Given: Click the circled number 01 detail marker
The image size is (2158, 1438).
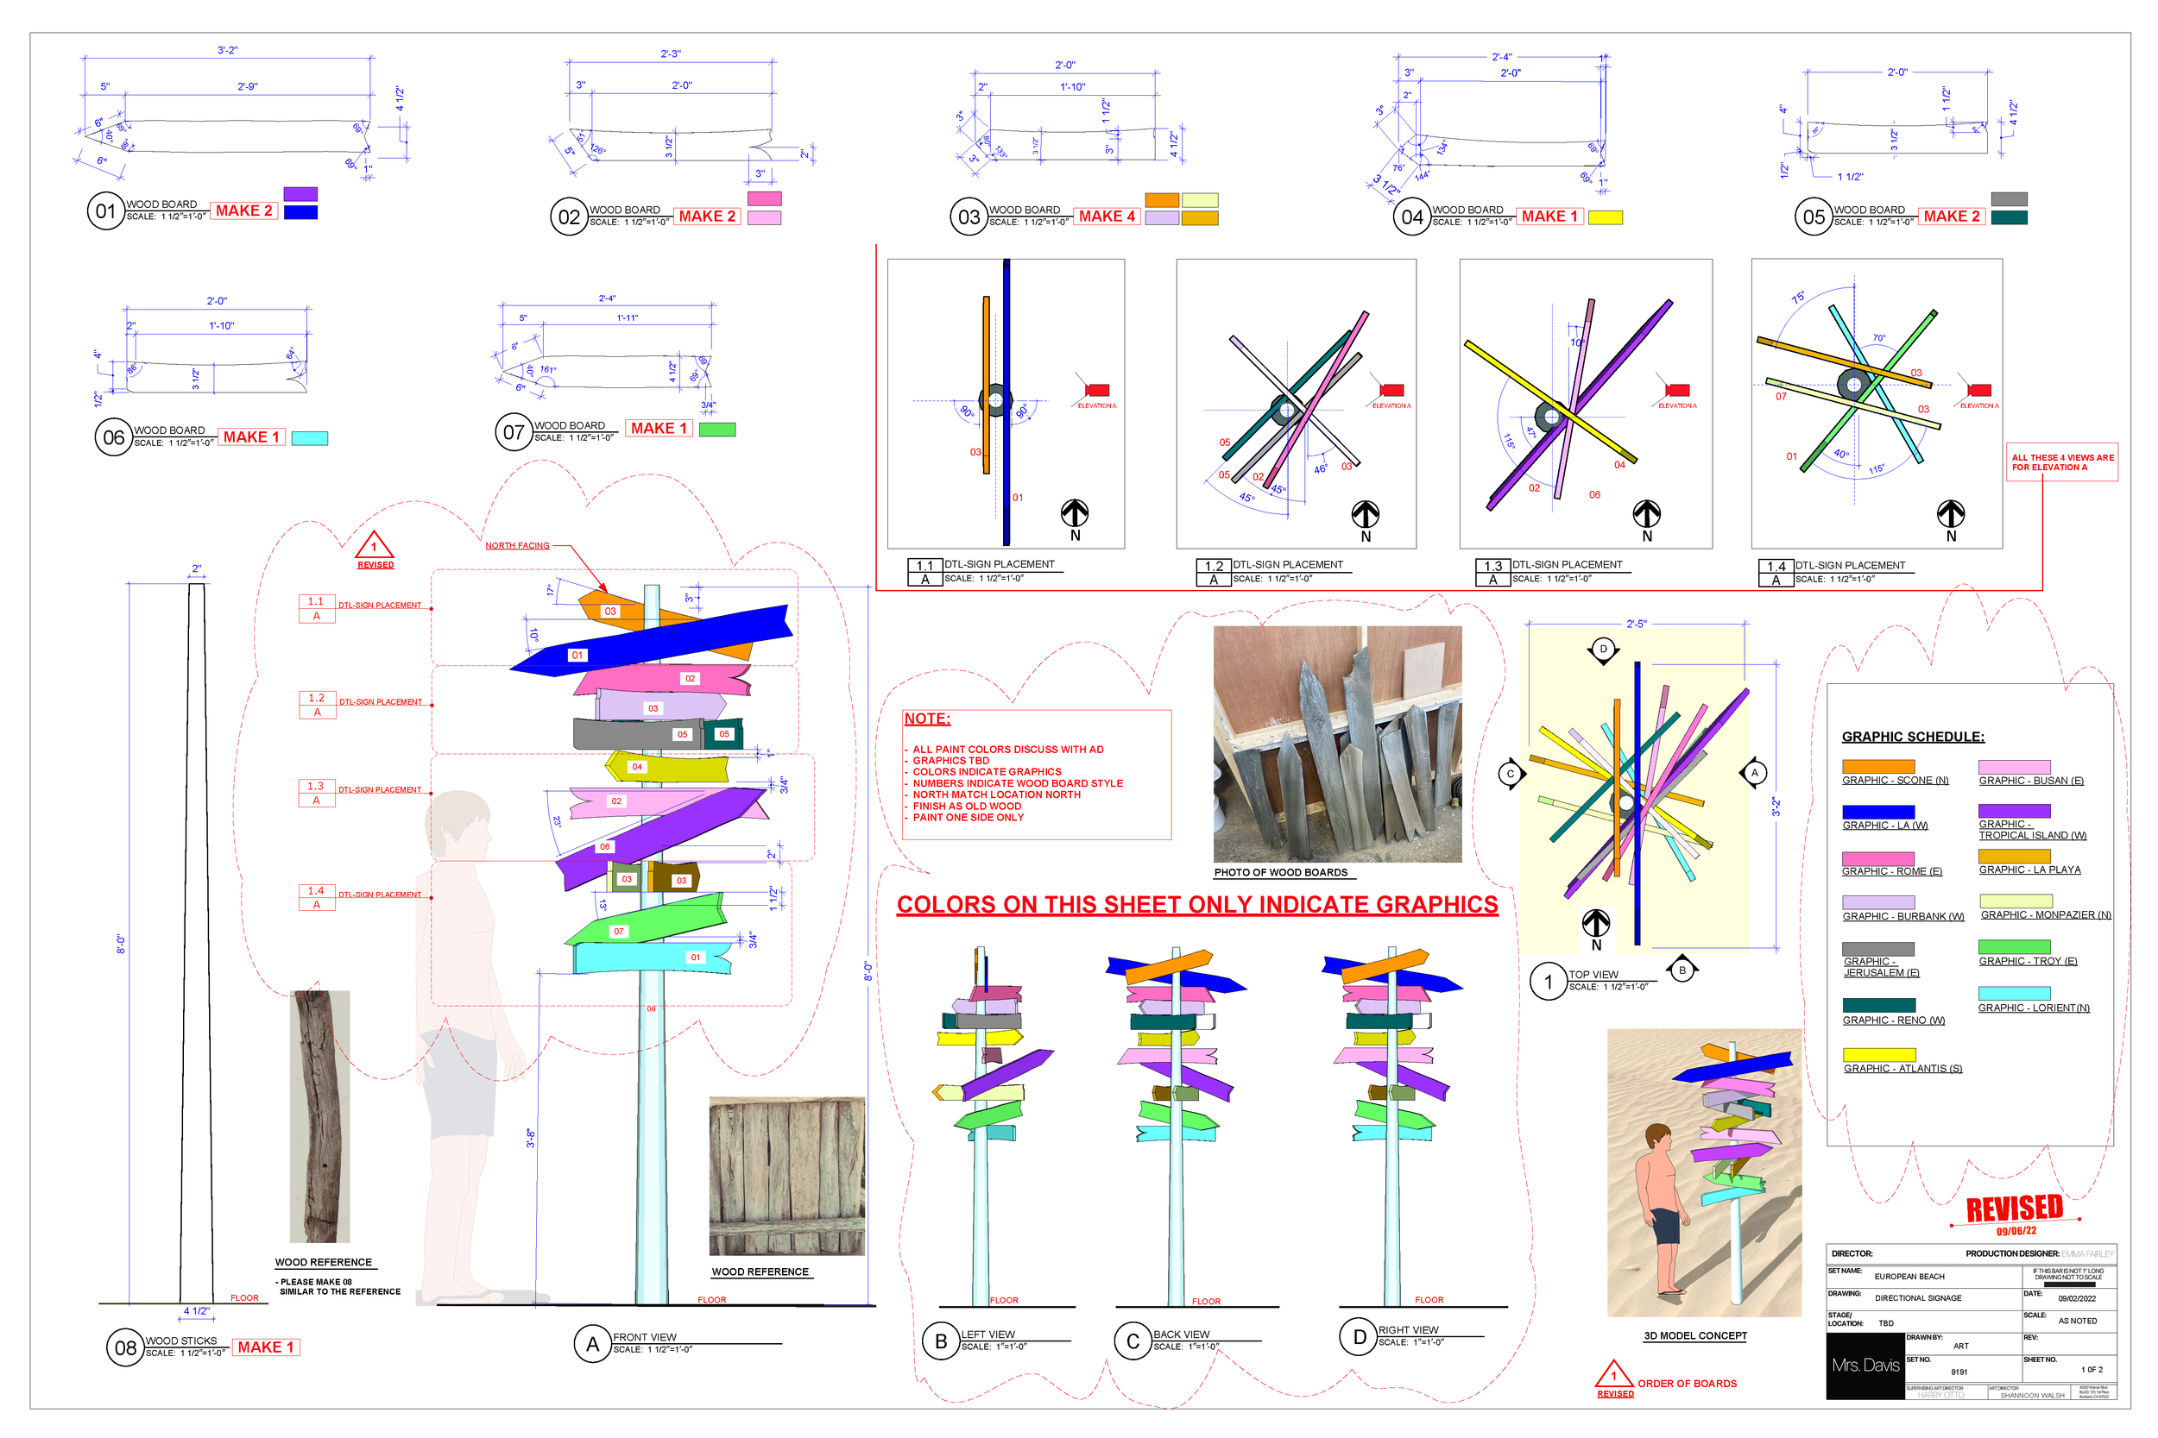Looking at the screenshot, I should (105, 211).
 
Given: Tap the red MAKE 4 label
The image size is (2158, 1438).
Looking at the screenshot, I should (1106, 217).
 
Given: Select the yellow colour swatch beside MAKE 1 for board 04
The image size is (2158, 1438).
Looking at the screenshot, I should (1605, 217).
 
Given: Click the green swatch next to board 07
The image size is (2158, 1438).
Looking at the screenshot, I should (716, 430).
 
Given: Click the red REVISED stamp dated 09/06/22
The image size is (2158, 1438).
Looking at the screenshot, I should (2015, 1210).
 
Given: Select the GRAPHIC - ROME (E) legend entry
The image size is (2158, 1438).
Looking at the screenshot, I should (1892, 871).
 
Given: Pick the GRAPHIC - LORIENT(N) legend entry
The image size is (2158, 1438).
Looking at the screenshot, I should (2033, 1008).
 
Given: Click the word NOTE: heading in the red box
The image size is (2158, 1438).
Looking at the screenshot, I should (927, 719).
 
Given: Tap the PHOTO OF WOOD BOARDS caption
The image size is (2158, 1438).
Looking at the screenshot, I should (1281, 872).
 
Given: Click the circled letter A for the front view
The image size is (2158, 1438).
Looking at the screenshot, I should (593, 1345).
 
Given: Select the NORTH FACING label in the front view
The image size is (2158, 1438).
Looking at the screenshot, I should (517, 546).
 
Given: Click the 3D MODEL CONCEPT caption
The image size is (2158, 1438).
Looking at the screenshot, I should (1694, 1335).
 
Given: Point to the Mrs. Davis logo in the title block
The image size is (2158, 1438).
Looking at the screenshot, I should (1865, 1366).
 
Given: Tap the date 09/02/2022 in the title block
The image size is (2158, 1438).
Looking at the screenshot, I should (2076, 1298).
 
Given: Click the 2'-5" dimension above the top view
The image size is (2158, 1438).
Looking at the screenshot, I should (1636, 624).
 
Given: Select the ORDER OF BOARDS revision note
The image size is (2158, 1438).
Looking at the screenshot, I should (1687, 1383).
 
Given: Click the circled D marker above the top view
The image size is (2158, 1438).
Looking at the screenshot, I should (1603, 650).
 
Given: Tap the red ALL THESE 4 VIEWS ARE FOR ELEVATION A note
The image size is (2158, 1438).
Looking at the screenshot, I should (2061, 462).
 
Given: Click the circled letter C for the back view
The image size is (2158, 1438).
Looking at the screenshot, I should (1133, 1341).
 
